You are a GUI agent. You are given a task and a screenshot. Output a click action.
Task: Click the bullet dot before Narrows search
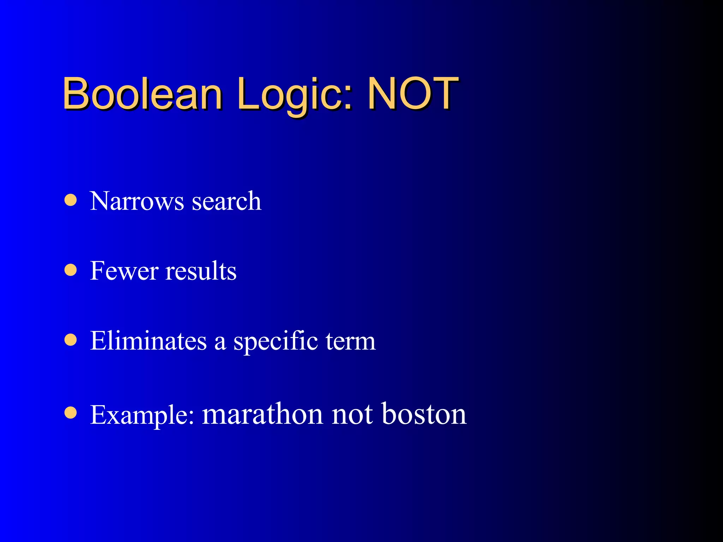[71, 200]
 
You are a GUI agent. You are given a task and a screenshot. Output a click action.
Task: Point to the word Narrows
[137, 201]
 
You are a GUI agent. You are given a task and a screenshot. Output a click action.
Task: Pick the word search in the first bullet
[226, 201]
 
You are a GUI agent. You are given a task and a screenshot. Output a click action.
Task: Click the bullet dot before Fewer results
[71, 270]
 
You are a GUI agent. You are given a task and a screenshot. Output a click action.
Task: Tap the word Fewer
[124, 271]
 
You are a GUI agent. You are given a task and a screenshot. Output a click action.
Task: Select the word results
[201, 271]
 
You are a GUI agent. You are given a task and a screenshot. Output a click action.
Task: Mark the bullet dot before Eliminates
[71, 340]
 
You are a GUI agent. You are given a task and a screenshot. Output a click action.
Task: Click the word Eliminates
[148, 341]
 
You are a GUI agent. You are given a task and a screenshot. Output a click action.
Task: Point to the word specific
[275, 342]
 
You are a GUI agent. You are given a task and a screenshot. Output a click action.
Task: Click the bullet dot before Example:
[71, 412]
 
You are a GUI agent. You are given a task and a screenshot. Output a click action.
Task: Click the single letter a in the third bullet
[220, 342]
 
